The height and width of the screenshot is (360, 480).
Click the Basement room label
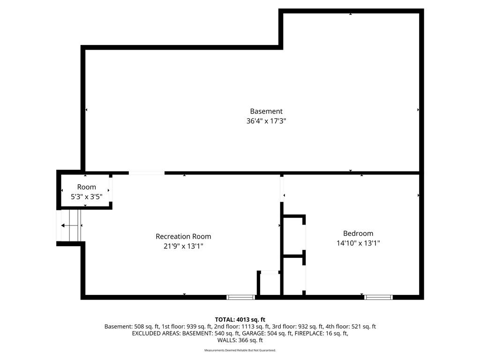[266, 111]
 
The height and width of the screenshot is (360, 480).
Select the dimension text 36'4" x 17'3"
[266, 121]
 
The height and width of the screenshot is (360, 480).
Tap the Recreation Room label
[183, 236]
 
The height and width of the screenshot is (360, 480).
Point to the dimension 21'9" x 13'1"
[183, 246]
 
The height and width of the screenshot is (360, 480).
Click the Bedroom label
[358, 233]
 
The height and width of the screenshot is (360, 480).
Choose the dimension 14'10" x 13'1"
[358, 243]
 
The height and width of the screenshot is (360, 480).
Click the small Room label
[87, 187]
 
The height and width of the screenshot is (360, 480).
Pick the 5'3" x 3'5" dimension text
[87, 196]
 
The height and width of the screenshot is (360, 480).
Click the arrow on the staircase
[69, 225]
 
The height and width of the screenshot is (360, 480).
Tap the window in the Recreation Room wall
[240, 297]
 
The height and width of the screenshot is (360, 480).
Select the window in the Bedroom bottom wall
[378, 297]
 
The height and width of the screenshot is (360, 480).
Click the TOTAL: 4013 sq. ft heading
[240, 320]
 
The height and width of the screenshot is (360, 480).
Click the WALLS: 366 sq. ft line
[240, 340]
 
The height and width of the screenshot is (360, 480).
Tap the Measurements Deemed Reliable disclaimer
[240, 350]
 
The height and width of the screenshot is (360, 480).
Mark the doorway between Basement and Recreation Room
[147, 173]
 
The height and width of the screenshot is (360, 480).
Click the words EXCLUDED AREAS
[156, 333]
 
